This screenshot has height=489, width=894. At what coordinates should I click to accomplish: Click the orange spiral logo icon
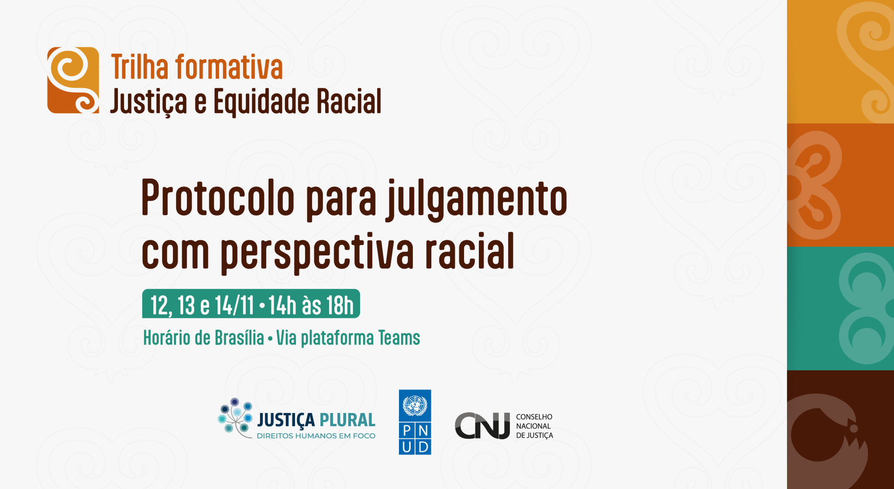tap(73, 80)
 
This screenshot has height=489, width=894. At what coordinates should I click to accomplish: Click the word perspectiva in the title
tap(317, 252)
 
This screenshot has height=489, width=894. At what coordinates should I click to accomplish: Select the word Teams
tap(399, 338)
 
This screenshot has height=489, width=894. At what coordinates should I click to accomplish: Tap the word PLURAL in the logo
tap(347, 420)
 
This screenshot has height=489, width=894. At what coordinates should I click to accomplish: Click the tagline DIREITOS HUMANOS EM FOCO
tap(316, 436)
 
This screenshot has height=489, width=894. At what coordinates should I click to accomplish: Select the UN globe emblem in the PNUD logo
tap(415, 406)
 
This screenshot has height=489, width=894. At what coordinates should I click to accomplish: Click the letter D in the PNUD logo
tap(423, 447)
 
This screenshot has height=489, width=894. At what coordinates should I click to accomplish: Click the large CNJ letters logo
tap(482, 426)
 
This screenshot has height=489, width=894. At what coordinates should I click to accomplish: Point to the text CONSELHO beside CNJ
tap(534, 417)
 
